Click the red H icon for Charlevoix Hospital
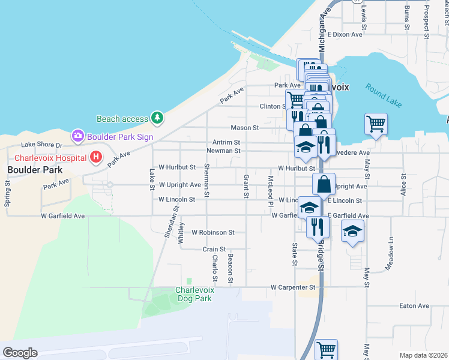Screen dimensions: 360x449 click(x=95, y=158)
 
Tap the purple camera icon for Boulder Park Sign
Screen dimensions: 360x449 click(x=77, y=136)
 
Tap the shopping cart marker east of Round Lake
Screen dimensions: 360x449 click(x=376, y=124)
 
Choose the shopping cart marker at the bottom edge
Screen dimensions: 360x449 click(x=326, y=349)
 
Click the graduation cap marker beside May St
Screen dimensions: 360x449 click(x=352, y=230)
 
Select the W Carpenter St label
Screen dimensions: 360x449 click(x=293, y=287)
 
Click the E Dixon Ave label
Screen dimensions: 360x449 click(x=345, y=34)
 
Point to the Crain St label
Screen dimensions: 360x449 click(x=214, y=249)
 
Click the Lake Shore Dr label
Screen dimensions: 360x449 click(x=42, y=145)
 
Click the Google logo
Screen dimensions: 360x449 click(x=20, y=353)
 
